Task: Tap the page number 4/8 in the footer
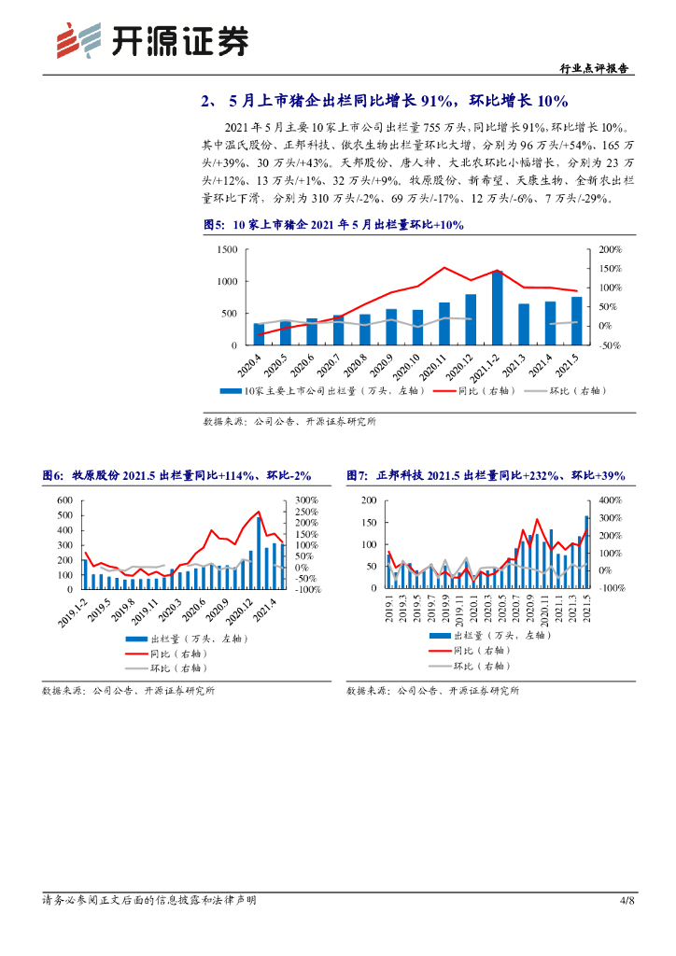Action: (627, 900)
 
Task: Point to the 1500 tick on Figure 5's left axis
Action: (227, 250)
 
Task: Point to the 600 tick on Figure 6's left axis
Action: (64, 500)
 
